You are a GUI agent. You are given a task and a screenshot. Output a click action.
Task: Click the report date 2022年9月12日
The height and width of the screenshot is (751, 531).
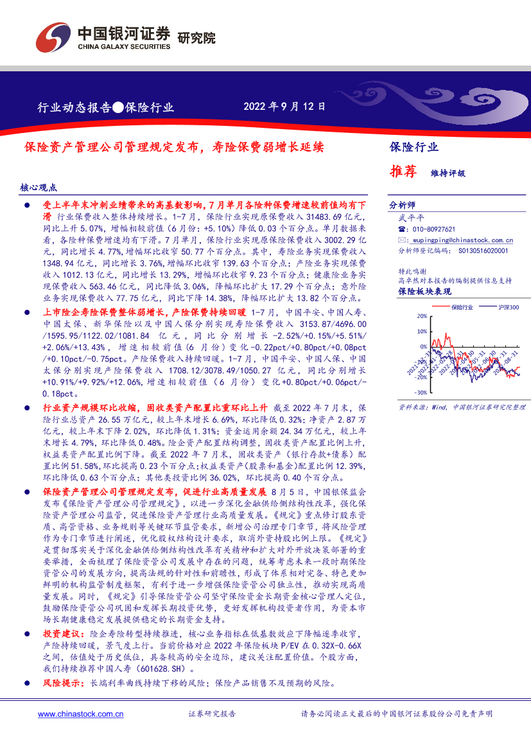(x=284, y=107)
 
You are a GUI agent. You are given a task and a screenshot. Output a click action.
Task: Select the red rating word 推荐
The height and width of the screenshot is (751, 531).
(x=403, y=172)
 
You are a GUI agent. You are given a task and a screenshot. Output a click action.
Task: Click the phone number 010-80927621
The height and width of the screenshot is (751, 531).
(x=433, y=229)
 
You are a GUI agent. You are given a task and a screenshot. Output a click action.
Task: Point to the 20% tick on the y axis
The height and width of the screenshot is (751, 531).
(x=421, y=317)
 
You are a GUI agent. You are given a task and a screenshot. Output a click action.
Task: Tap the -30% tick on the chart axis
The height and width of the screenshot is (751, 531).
(x=420, y=392)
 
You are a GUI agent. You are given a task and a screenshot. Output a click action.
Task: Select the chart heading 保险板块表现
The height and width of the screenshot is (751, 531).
(x=420, y=291)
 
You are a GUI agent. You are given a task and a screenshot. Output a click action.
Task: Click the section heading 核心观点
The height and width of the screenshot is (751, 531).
(x=39, y=188)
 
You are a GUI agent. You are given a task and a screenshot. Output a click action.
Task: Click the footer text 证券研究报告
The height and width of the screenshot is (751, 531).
(x=212, y=714)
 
